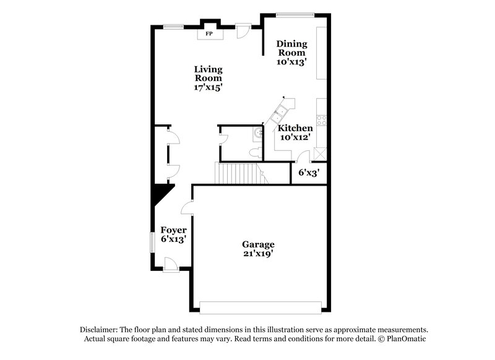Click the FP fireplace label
pyautogui.click(x=209, y=33)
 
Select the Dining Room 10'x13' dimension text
pyautogui.click(x=292, y=62)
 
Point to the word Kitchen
pyautogui.click(x=295, y=128)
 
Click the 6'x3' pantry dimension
pyautogui.click(x=308, y=173)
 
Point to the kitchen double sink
pyautogui.click(x=277, y=113)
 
